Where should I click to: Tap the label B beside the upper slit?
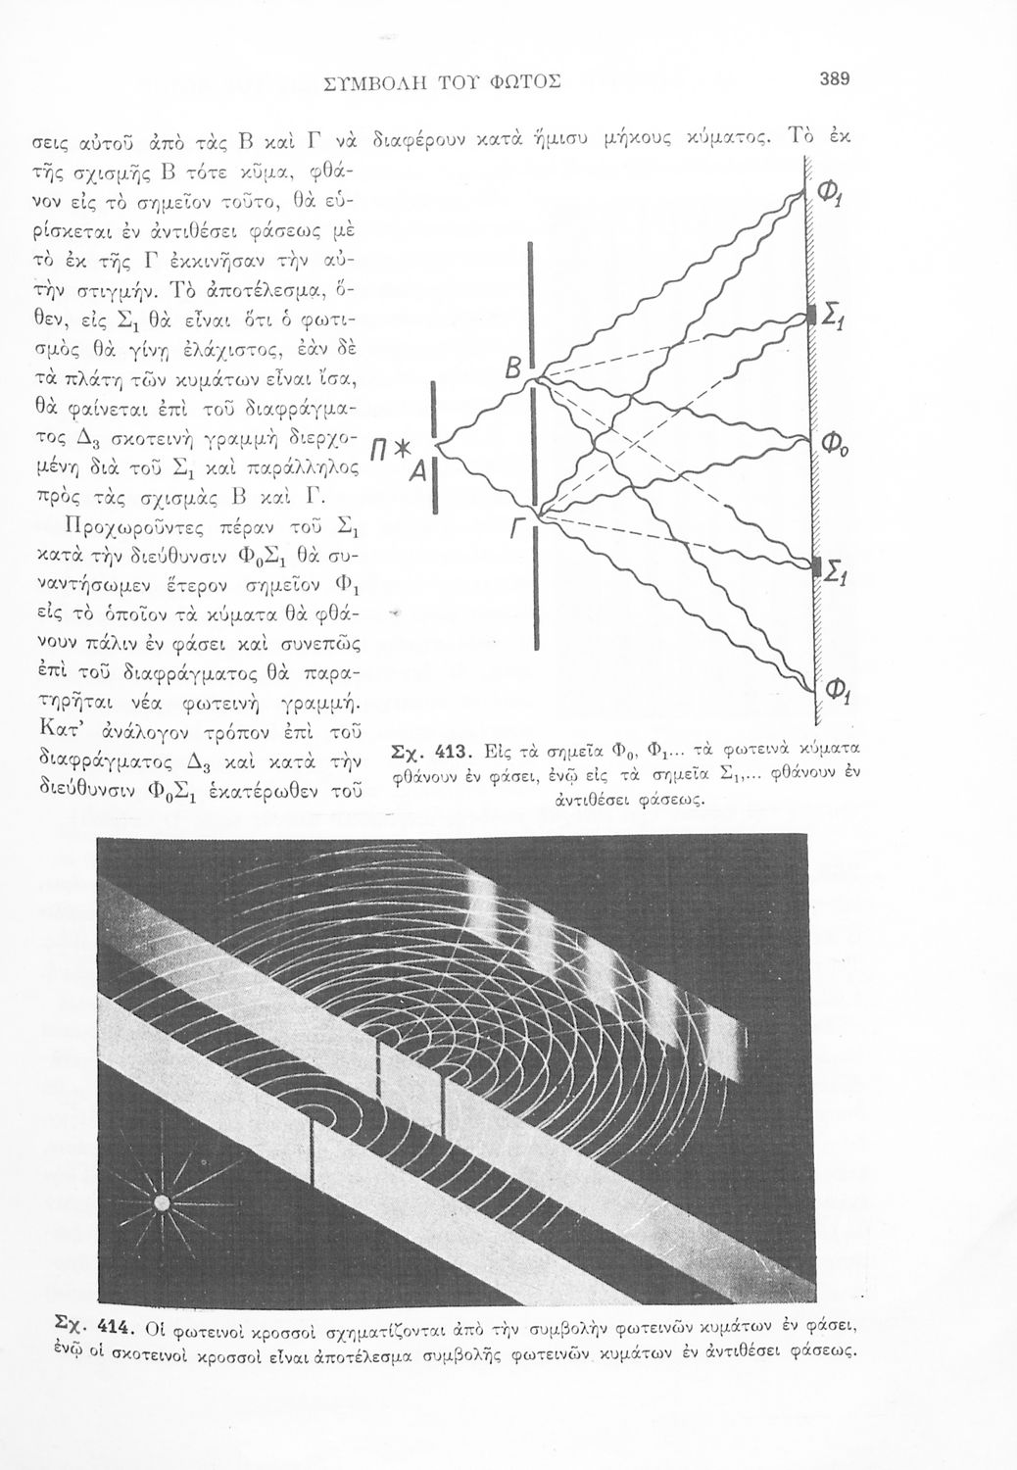[x=513, y=369]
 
